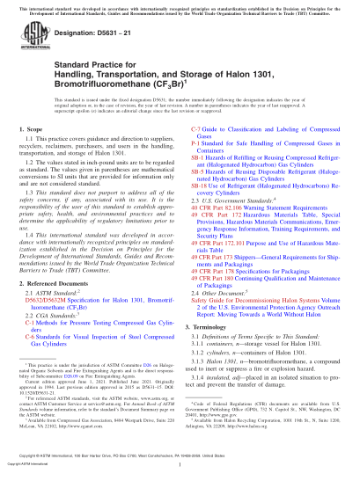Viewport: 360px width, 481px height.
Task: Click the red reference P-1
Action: [195, 166]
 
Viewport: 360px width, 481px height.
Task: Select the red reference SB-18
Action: [199, 211]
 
